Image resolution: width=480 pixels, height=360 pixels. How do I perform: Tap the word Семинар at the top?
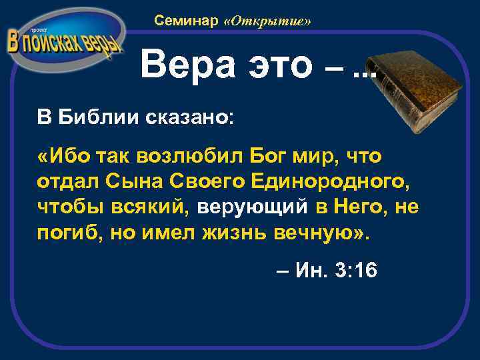pyautogui.click(x=186, y=21)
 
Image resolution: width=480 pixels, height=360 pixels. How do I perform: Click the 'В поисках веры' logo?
pyautogui.click(x=65, y=41)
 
